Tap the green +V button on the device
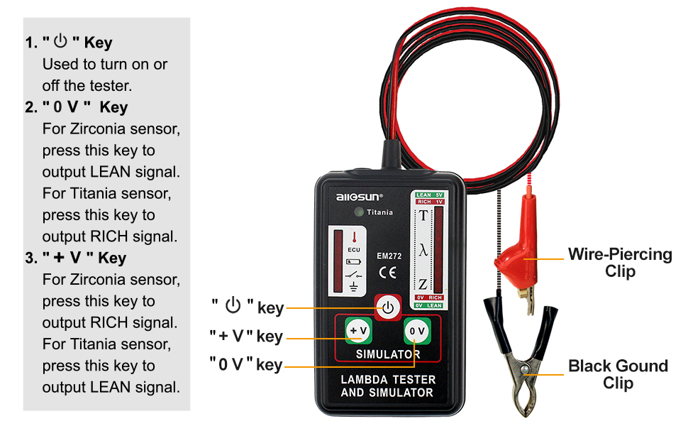tap(358, 330)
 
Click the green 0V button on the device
tap(417, 330)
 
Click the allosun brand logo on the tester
tap(359, 196)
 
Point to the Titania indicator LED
tap(360, 212)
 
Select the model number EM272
tap(388, 256)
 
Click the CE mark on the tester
tap(388, 272)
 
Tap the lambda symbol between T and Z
tap(423, 250)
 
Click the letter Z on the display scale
tap(423, 284)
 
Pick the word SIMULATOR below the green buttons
tap(387, 354)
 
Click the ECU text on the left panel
tap(353, 250)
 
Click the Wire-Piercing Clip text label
tap(619, 262)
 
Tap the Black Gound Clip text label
tap(618, 374)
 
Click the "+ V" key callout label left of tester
tap(246, 336)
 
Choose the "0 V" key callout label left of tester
tap(246, 364)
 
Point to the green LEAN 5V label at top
tap(429, 195)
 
